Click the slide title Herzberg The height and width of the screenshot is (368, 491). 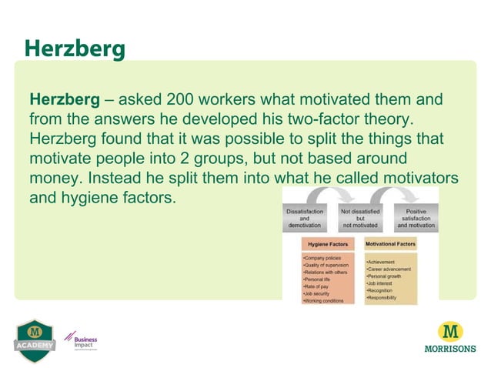pos(74,48)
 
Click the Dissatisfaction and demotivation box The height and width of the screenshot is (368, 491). pos(305,218)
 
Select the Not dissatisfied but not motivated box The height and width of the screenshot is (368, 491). pos(360,218)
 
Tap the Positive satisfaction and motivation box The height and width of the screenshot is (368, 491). pos(415,218)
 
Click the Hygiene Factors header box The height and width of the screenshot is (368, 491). pos(327,244)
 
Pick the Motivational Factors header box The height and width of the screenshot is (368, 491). pos(390,244)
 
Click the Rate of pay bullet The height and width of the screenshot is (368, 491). pos(318,286)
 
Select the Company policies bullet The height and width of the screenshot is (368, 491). pos(324,258)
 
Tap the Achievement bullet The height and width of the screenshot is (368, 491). pos(383,262)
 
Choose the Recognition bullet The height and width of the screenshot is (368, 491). pos(382,289)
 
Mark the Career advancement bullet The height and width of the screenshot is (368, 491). pos(389,269)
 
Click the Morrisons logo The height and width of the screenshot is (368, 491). pos(449,336)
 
